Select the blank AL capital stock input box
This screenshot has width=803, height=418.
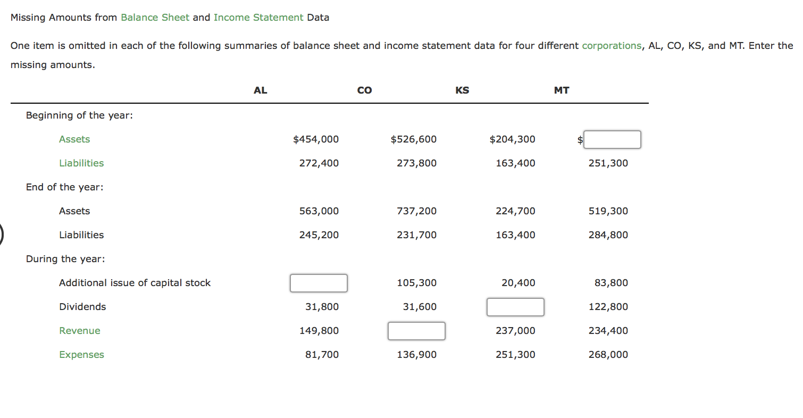(319, 283)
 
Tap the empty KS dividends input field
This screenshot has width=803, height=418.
(515, 307)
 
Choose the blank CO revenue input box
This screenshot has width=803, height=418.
(416, 331)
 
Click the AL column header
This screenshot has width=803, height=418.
(260, 90)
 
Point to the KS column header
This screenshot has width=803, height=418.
(462, 90)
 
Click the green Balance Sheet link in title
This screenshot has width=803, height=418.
(155, 18)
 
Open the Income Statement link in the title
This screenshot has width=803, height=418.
(258, 18)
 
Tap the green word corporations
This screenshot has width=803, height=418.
(612, 46)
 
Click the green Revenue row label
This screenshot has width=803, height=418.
(80, 331)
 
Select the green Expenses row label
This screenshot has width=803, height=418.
(81, 355)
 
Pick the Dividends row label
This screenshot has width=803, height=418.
(82, 307)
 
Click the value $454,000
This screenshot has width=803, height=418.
(316, 139)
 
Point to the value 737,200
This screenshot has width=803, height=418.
(416, 211)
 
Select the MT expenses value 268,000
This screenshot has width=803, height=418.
(608, 355)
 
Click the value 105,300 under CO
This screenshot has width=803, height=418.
(416, 283)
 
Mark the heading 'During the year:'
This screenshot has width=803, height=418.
(65, 259)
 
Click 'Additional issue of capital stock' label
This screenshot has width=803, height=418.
(135, 283)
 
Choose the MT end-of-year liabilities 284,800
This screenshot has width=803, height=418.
(608, 235)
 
